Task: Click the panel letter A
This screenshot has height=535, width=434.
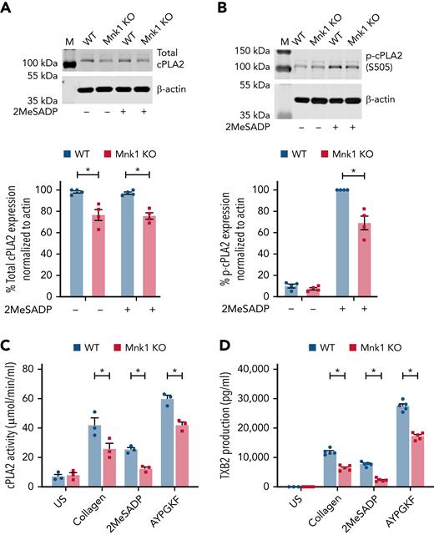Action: [7, 9]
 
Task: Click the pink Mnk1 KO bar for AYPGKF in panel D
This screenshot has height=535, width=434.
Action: [410, 460]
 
